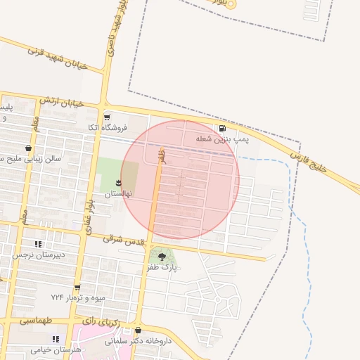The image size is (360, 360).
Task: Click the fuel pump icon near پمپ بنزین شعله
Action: tap(223, 129)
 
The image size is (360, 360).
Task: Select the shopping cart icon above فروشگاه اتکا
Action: tap(107, 117)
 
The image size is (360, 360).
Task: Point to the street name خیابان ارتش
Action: tap(61, 102)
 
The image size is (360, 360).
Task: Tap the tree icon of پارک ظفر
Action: tap(162, 257)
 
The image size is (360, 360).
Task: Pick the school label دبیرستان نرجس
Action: tap(38, 254)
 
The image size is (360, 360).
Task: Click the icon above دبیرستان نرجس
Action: tap(38, 243)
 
